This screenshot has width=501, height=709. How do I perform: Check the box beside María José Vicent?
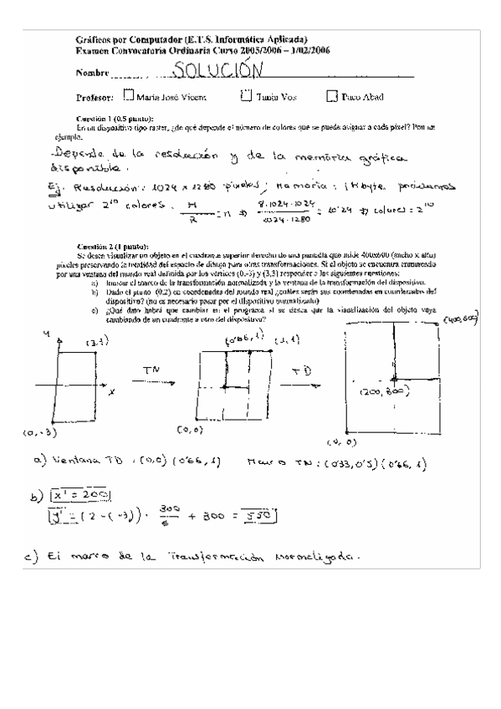pyautogui.click(x=128, y=96)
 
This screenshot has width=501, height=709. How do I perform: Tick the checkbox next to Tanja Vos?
pyautogui.click(x=244, y=96)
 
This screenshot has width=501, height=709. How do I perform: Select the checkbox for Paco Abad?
pyautogui.click(x=331, y=96)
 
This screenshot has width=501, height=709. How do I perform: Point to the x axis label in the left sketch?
pyautogui.click(x=111, y=391)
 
